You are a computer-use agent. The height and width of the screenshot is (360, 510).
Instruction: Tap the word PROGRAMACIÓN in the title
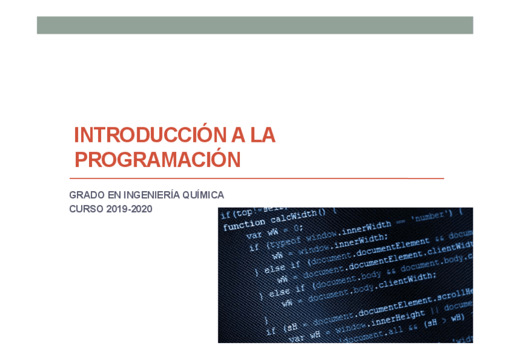158,160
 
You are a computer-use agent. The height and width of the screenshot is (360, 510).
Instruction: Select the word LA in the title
263,135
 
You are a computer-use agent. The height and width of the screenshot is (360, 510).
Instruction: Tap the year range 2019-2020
129,209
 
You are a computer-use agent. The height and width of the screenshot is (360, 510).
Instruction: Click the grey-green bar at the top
255,25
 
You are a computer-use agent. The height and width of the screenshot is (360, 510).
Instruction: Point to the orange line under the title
256,178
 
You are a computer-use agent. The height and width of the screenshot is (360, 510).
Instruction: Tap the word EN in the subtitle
114,195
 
